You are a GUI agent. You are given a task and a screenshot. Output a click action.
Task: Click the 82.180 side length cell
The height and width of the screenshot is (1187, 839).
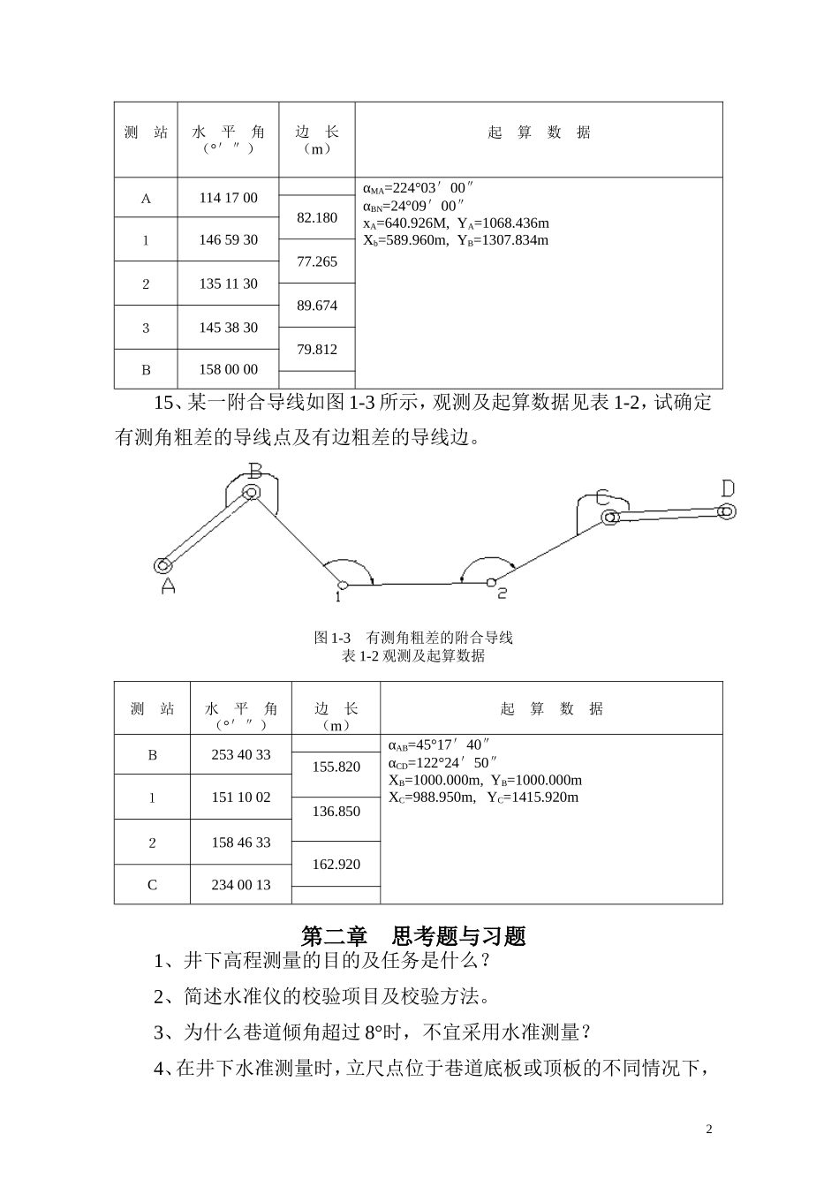tap(317, 217)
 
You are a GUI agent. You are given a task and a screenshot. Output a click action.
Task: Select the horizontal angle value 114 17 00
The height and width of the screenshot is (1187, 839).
tap(228, 198)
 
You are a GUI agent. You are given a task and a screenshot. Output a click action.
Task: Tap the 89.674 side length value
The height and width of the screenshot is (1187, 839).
tap(317, 306)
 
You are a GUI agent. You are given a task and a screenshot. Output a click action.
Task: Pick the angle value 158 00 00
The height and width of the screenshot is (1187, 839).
tap(228, 369)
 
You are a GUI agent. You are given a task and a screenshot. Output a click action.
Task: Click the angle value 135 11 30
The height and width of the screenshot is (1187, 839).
tap(228, 284)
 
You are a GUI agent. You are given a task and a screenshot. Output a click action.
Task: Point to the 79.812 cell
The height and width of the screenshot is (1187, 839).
tap(317, 350)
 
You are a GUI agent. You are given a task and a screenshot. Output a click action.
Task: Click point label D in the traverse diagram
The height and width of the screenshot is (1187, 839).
tap(728, 488)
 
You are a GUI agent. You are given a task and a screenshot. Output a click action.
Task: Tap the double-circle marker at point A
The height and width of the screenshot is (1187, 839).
tap(163, 565)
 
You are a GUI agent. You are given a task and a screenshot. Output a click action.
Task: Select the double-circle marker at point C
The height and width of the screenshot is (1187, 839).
tap(608, 518)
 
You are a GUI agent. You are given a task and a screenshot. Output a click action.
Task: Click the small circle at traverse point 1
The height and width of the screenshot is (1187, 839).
tap(342, 584)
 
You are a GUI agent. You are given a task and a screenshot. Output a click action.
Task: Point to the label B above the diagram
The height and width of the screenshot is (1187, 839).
tap(254, 470)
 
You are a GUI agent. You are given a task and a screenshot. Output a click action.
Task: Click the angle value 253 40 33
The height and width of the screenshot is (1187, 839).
tap(240, 755)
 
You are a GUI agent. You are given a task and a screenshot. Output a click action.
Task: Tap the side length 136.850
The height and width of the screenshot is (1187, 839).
tap(336, 812)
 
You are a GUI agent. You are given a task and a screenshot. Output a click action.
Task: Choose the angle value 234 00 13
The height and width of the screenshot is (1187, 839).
tap(240, 884)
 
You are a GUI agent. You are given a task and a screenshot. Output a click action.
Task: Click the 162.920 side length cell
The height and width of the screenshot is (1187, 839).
tap(336, 865)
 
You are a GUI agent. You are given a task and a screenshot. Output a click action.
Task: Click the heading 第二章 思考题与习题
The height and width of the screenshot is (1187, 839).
tap(413, 935)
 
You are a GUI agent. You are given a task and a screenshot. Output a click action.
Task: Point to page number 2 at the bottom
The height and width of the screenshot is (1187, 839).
tap(709, 1130)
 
